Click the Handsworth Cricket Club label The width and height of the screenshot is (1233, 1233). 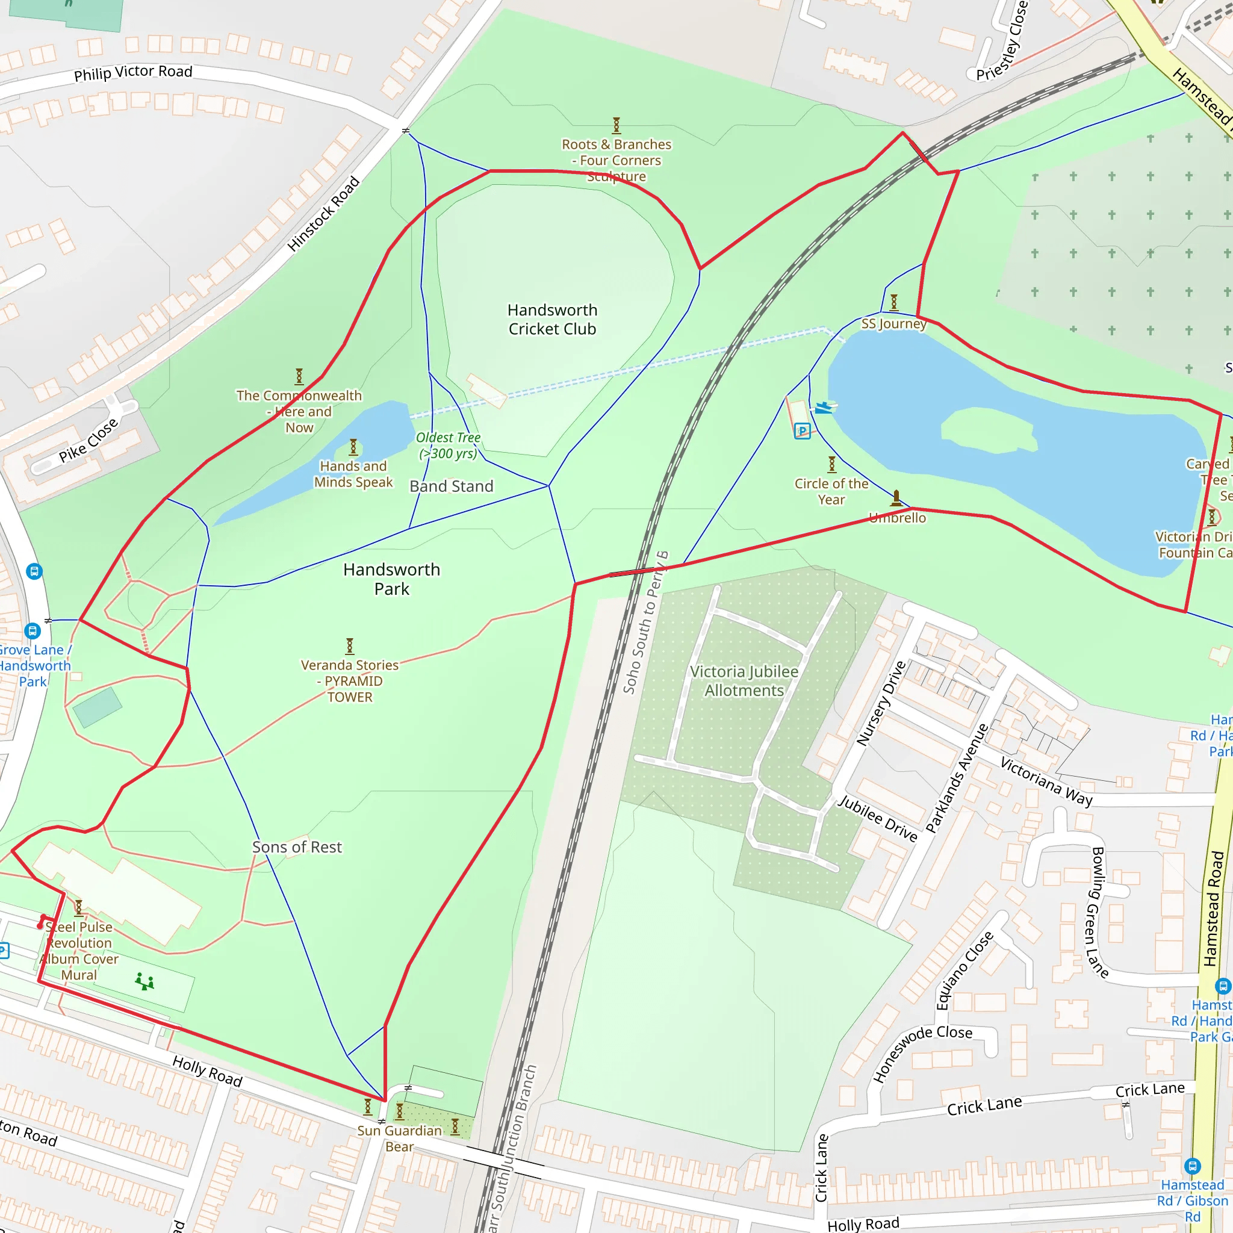point(552,319)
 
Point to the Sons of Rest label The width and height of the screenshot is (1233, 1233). point(297,847)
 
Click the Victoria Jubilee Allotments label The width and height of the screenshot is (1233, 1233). point(744,681)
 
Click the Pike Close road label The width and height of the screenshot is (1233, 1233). point(88,439)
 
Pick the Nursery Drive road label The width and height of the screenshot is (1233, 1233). point(881,703)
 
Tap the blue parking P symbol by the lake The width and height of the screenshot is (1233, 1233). point(802,432)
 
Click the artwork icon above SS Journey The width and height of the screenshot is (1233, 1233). point(893,302)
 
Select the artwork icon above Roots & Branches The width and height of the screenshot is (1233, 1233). point(616,125)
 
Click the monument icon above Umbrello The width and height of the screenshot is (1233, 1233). point(896,497)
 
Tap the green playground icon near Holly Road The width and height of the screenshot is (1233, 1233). point(145,981)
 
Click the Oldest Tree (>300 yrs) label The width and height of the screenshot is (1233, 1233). point(448,446)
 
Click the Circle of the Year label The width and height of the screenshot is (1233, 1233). point(831,491)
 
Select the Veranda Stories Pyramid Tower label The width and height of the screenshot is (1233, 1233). point(350,681)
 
